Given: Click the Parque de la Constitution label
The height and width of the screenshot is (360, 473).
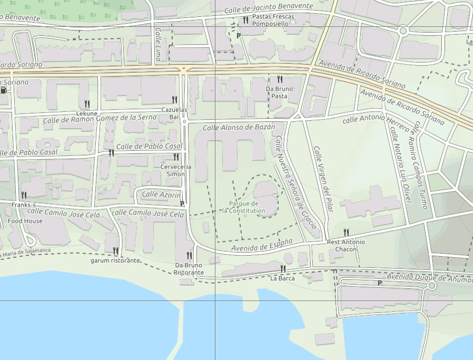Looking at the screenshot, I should click(x=244, y=207).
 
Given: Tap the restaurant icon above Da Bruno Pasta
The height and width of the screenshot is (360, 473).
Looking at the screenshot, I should click(x=280, y=80).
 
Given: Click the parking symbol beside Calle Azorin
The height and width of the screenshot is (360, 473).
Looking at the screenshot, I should click(x=182, y=203).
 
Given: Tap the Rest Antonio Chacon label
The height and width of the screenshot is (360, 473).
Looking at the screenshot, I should click(x=346, y=246).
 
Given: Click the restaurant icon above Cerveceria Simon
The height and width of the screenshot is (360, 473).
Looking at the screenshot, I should click(x=176, y=157).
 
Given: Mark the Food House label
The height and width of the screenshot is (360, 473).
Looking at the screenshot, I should click(x=25, y=221).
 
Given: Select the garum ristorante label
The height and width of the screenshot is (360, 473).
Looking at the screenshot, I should click(x=115, y=260).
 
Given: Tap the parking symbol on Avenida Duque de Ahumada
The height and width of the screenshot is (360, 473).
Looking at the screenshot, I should click(x=379, y=283).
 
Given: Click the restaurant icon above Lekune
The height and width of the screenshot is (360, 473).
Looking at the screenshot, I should click(x=87, y=104).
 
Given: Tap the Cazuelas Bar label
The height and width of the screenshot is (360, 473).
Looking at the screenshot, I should click(x=174, y=113).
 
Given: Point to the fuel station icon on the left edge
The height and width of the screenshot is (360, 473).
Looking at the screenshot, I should click(x=4, y=90).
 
